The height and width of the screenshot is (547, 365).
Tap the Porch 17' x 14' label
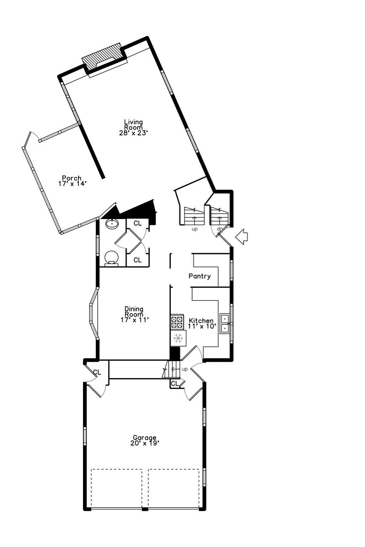(72, 181)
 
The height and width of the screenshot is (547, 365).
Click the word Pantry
(200, 276)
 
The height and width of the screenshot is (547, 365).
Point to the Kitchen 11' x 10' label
(201, 323)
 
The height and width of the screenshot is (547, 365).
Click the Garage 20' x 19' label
(144, 440)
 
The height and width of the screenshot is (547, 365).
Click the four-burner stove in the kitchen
(177, 322)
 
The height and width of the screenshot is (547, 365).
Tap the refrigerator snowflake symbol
(178, 337)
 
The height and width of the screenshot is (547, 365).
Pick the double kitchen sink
(225, 323)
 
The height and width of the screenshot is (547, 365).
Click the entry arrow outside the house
(242, 237)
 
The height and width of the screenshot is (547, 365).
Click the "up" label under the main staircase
(195, 229)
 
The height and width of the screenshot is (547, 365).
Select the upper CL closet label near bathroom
(138, 223)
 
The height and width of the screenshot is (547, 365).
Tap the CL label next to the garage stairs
(174, 384)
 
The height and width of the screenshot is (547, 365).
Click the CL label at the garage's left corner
(97, 373)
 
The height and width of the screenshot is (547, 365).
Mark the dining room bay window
(93, 313)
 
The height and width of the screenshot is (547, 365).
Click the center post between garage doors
(145, 509)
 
